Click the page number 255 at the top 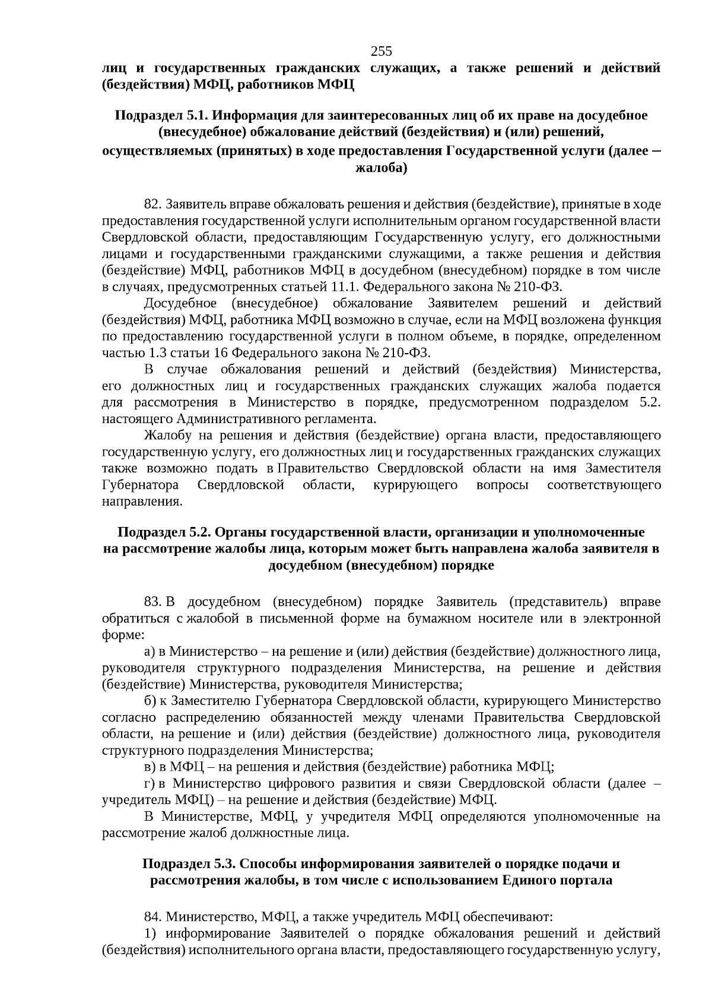coord(381,51)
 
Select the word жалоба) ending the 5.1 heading coord(381,169)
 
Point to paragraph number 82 coord(153,205)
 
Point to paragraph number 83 coord(153,602)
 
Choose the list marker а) coord(150,652)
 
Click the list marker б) coord(150,701)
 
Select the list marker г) coord(149,783)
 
